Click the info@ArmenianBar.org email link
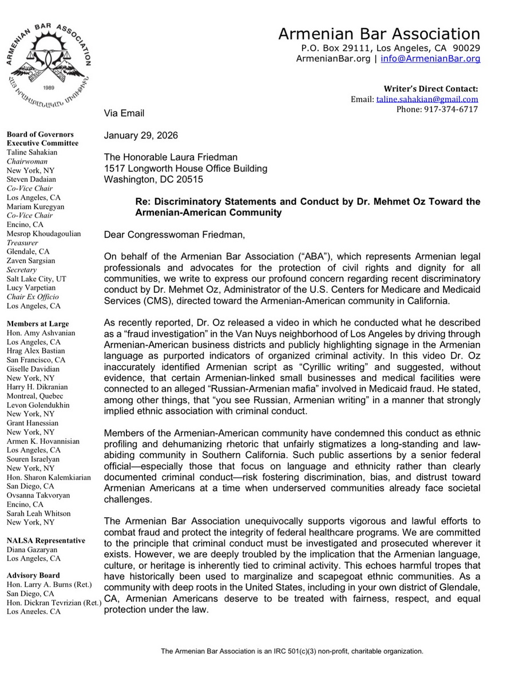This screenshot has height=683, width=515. coord(430,58)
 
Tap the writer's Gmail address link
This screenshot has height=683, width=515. coord(427,99)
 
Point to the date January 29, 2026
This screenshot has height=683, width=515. coord(141,136)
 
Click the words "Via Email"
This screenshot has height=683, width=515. coord(124,113)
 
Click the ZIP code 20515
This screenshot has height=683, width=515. coord(195,180)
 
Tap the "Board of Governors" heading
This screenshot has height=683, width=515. coord(39,135)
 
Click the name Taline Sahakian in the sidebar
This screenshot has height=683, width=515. coord(32,153)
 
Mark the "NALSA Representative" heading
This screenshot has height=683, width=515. coord(46,541)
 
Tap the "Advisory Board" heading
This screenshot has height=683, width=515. coord(33,575)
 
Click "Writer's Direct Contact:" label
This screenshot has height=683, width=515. coord(431,89)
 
